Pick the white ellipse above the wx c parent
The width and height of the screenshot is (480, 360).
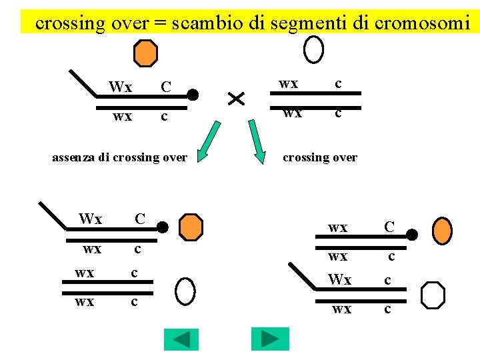tap(313, 49)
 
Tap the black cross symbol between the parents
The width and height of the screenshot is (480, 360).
tap(236, 99)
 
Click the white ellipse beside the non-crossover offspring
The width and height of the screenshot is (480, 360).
tap(185, 291)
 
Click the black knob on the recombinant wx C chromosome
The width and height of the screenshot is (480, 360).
tap(413, 235)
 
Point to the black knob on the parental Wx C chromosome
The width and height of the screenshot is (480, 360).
tap(193, 95)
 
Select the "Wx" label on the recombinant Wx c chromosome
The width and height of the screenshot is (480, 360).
tap(339, 280)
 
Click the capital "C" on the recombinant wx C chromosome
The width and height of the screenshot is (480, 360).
tap(390, 227)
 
